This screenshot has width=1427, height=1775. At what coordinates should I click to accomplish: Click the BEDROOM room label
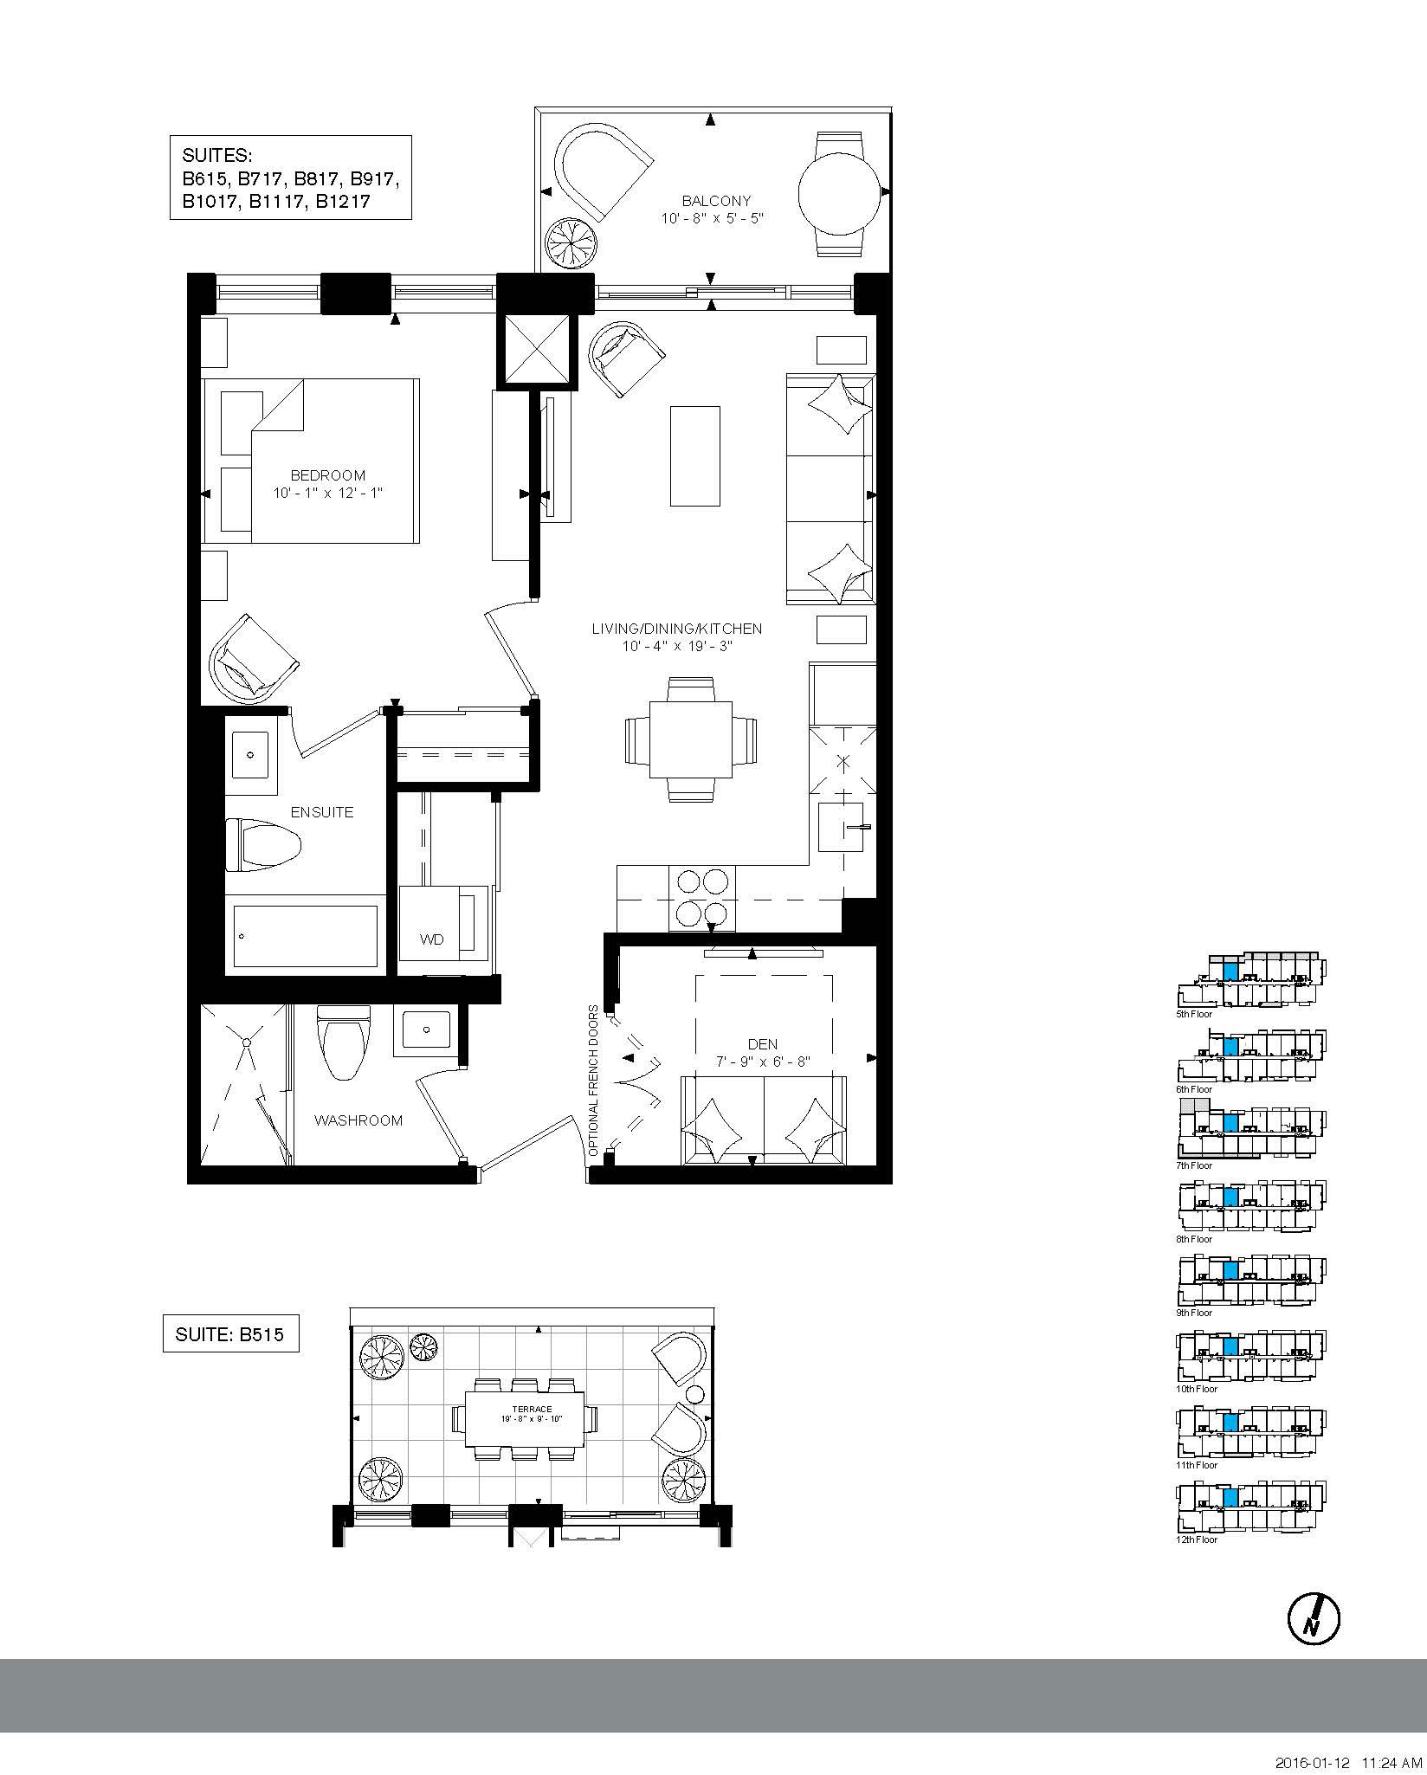(x=327, y=475)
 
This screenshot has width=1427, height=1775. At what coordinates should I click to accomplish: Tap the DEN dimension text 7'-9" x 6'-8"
(x=762, y=1062)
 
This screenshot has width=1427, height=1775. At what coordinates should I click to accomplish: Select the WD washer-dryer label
(x=432, y=939)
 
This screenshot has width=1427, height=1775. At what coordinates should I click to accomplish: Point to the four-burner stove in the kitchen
(x=701, y=899)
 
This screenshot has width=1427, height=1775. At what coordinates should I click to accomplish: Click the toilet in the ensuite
(x=263, y=845)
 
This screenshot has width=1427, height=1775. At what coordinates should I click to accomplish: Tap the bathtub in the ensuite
(x=306, y=936)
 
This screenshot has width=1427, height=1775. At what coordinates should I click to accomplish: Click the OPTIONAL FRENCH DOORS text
(x=593, y=1081)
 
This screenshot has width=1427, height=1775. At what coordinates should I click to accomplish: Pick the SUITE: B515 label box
(x=230, y=1334)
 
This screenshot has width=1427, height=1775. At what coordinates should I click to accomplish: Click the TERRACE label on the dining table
(x=524, y=1409)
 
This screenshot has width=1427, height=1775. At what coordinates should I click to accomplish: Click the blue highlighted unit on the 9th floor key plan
(x=1230, y=1270)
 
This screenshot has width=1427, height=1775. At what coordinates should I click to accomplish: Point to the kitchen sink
(x=842, y=828)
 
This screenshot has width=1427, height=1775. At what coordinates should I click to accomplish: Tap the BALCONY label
(x=716, y=201)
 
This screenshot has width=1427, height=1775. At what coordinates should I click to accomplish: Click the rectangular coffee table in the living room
(x=694, y=455)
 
